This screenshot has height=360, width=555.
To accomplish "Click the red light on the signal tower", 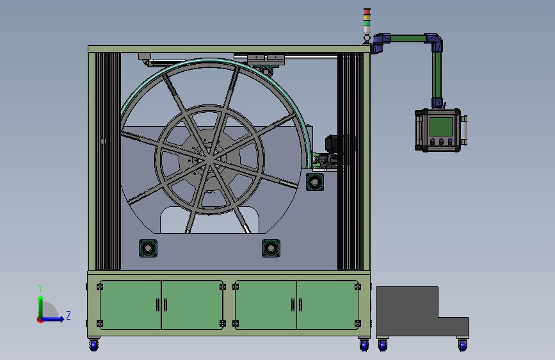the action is (367, 12).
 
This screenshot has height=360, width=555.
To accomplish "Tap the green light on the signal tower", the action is (367, 22).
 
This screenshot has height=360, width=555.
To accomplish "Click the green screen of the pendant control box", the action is (440, 126).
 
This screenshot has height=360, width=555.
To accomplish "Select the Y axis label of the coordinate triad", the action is (40, 288).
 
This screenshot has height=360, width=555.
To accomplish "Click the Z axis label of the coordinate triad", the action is (68, 315).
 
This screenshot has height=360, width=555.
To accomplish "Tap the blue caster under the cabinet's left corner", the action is (94, 345).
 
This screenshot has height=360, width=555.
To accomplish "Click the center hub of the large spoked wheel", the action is (209, 160).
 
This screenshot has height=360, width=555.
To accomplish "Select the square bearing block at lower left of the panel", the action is (148, 248).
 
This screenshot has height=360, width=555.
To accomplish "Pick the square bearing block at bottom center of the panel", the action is (271, 248).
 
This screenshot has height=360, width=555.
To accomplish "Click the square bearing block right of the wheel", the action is (315, 182).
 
